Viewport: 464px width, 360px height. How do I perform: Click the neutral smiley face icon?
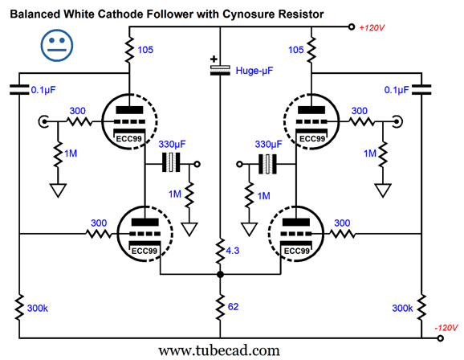(56, 45)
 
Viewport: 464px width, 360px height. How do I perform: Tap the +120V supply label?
(372, 28)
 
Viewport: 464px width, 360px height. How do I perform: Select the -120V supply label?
(446, 328)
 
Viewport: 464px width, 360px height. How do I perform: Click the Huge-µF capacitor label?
(254, 71)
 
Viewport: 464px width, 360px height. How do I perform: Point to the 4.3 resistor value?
(232, 251)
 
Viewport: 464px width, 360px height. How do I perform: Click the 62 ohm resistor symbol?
(220, 308)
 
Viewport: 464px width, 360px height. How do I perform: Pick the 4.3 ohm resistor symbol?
(220, 252)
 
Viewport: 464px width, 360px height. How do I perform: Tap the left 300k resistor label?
(37, 308)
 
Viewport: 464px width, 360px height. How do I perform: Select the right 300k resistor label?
(402, 308)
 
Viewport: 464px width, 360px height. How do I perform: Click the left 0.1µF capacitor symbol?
(19, 90)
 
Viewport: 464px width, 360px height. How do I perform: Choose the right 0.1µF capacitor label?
(397, 90)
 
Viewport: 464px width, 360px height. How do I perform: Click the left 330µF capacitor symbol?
(171, 162)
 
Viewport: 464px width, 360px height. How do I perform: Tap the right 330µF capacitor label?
(268, 145)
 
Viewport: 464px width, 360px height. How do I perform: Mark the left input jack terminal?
(43, 121)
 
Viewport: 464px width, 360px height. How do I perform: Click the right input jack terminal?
(397, 121)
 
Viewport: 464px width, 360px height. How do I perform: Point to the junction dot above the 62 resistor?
(220, 275)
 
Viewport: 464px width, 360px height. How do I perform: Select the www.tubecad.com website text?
(219, 351)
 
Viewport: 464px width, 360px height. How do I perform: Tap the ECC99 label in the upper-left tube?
(128, 139)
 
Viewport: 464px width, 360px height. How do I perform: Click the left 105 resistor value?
(145, 50)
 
